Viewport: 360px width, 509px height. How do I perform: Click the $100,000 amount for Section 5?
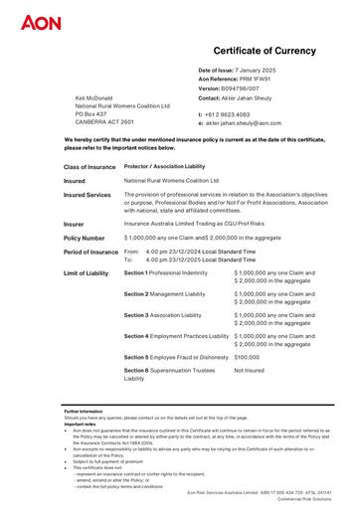[x=247, y=355]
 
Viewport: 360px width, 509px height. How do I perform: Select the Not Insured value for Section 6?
[x=249, y=370]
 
